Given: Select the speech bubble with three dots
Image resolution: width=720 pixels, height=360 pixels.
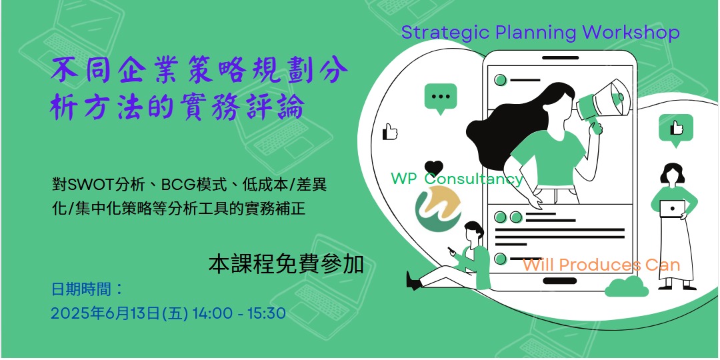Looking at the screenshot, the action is pyautogui.click(x=441, y=98).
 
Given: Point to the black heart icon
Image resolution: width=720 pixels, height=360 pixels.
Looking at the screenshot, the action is pyautogui.click(x=433, y=167).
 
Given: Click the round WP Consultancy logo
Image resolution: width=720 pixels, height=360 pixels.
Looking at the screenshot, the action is pyautogui.click(x=438, y=209).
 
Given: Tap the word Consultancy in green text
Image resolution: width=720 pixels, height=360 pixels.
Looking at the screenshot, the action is pyautogui.click(x=473, y=179).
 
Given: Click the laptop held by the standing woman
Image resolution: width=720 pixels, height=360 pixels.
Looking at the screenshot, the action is pyautogui.click(x=672, y=209).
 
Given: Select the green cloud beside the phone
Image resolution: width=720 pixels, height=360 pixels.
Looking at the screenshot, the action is pyautogui.click(x=626, y=287).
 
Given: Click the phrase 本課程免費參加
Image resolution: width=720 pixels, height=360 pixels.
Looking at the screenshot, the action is pyautogui.click(x=286, y=265).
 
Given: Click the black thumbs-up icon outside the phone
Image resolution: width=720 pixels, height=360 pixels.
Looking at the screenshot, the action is pyautogui.click(x=390, y=132).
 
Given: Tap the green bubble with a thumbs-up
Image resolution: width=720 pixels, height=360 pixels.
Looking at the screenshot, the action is pyautogui.click(x=676, y=129).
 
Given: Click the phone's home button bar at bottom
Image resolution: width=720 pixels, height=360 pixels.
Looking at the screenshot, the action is pyautogui.click(x=560, y=281).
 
